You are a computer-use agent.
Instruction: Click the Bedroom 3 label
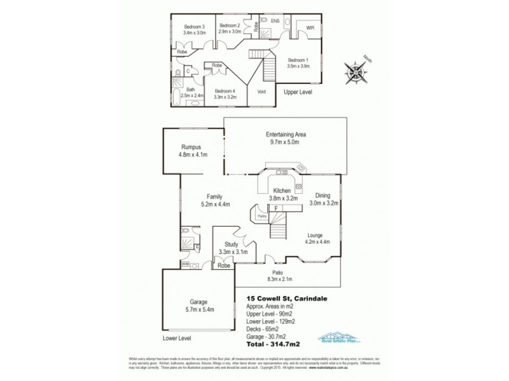(193, 26)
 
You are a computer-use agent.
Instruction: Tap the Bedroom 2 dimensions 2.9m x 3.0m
(230, 32)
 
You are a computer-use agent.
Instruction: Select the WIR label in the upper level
(310, 28)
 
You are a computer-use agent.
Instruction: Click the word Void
(261, 91)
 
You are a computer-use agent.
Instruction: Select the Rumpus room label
(191, 146)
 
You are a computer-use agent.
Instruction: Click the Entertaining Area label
(285, 135)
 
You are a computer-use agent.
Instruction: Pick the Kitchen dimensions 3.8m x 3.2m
(282, 198)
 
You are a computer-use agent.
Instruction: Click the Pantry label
(261, 217)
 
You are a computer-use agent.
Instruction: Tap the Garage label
(199, 302)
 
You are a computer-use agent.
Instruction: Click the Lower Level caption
(176, 338)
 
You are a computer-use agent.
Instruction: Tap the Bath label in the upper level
(191, 90)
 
